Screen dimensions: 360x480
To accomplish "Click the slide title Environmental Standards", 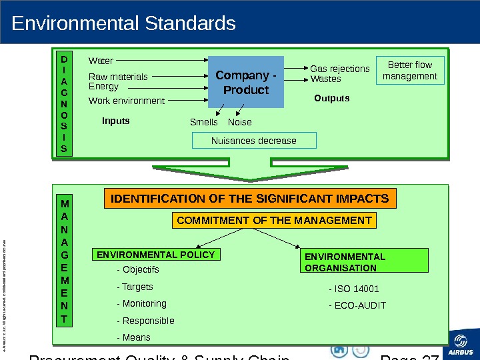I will pyautogui.click(x=124, y=24).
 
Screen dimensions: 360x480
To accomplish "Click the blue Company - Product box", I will pyautogui.click(x=246, y=82).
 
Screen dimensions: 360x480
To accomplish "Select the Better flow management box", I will pyautogui.click(x=410, y=71).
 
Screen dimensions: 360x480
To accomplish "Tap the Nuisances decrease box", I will pyautogui.click(x=253, y=141).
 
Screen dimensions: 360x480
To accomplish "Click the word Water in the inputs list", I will pyautogui.click(x=101, y=61).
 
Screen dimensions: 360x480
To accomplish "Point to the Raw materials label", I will pyautogui.click(x=119, y=77).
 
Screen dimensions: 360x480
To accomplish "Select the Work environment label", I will pyautogui.click(x=127, y=101).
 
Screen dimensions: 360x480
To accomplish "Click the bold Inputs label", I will pyautogui.click(x=115, y=121).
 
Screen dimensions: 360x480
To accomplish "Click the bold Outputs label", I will pyautogui.click(x=331, y=98).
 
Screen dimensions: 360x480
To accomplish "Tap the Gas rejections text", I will pyautogui.click(x=339, y=69).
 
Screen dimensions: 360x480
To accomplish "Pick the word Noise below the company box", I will pyautogui.click(x=240, y=122).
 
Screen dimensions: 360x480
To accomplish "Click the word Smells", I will pyautogui.click(x=203, y=122).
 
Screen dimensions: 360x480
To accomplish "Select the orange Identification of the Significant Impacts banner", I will pyautogui.click(x=249, y=199).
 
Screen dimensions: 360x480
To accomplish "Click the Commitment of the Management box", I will pyautogui.click(x=274, y=221).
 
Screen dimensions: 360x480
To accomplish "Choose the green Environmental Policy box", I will pyautogui.click(x=156, y=255).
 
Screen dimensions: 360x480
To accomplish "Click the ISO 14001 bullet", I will pyautogui.click(x=354, y=289).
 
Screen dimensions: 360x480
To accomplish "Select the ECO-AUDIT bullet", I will pyautogui.click(x=357, y=306).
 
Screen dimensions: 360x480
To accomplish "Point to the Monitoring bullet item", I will pyautogui.click(x=141, y=303).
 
